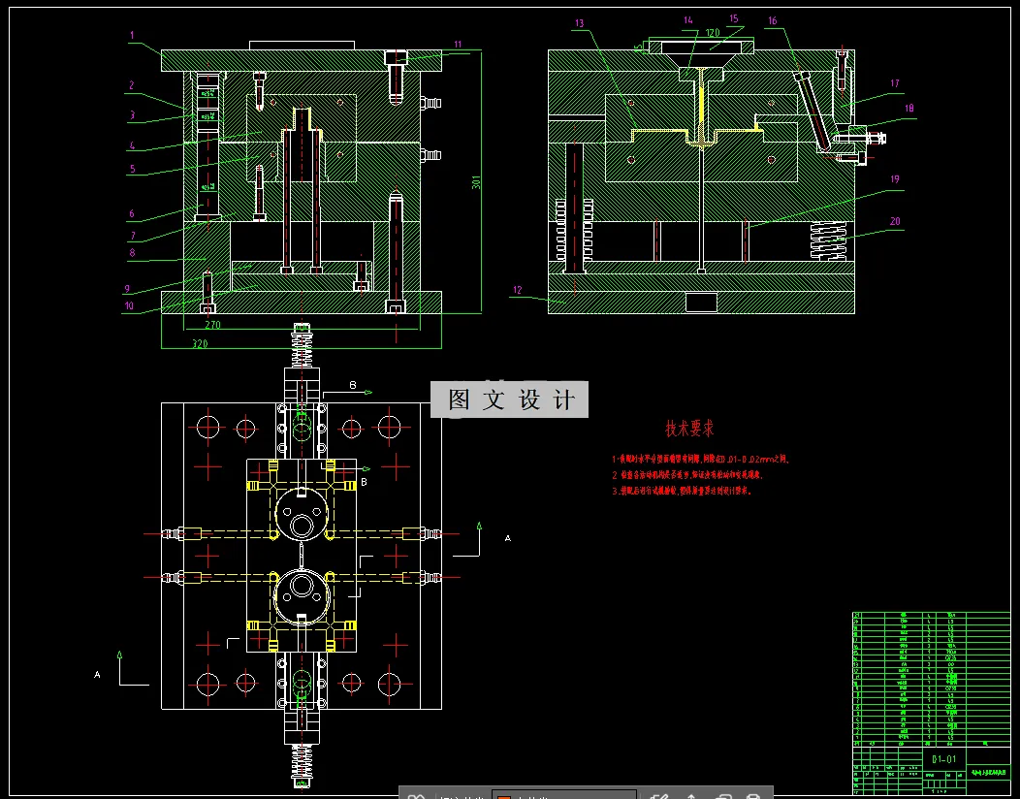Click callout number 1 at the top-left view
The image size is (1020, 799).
(x=131, y=35)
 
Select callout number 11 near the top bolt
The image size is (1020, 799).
(x=458, y=44)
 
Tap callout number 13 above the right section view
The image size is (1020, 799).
(x=579, y=23)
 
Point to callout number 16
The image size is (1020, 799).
(x=772, y=20)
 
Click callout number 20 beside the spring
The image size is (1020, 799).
(x=895, y=221)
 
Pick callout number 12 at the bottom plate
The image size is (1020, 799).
(x=518, y=290)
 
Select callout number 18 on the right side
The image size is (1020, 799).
(x=908, y=109)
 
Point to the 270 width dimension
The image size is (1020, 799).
(x=212, y=325)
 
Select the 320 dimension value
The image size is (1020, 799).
(x=199, y=344)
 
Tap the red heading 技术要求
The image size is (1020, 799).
(x=689, y=428)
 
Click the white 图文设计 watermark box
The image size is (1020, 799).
(x=510, y=399)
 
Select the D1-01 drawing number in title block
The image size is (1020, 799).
(x=943, y=758)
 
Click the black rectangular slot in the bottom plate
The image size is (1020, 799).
(x=700, y=301)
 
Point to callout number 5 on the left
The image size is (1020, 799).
(x=132, y=168)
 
